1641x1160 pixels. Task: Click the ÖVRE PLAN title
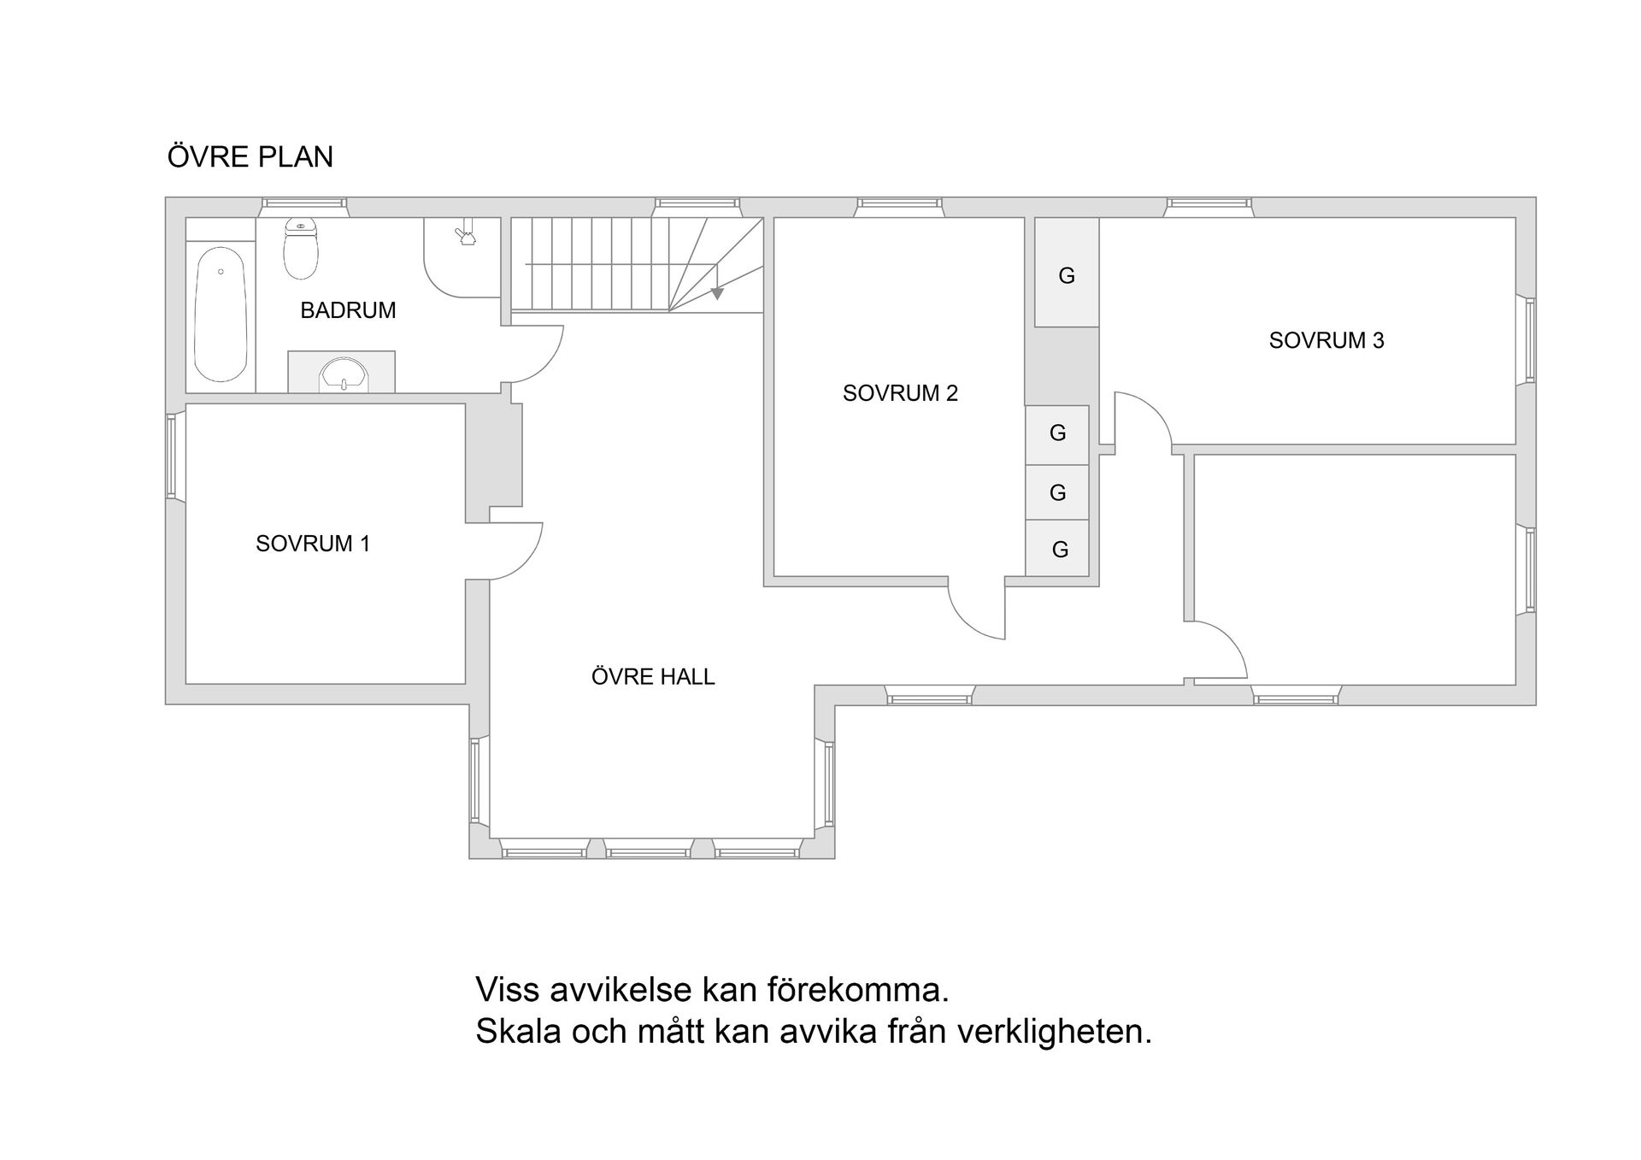[x=250, y=157]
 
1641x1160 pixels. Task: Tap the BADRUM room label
[x=348, y=310]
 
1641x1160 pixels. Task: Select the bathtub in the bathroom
[x=221, y=314]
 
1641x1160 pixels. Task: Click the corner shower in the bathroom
[x=462, y=256]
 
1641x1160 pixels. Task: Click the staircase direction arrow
[x=717, y=293]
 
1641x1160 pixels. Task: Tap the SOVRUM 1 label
[x=313, y=544]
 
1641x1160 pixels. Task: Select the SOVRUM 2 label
[x=900, y=393]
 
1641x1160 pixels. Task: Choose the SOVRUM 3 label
[x=1326, y=340]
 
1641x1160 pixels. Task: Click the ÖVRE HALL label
[x=653, y=677]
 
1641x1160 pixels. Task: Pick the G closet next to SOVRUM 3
[x=1067, y=275]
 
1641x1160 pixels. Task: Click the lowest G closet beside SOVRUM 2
[x=1059, y=550]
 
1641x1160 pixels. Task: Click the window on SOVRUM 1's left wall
[x=172, y=456]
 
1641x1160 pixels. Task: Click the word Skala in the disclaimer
[x=518, y=1032]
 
